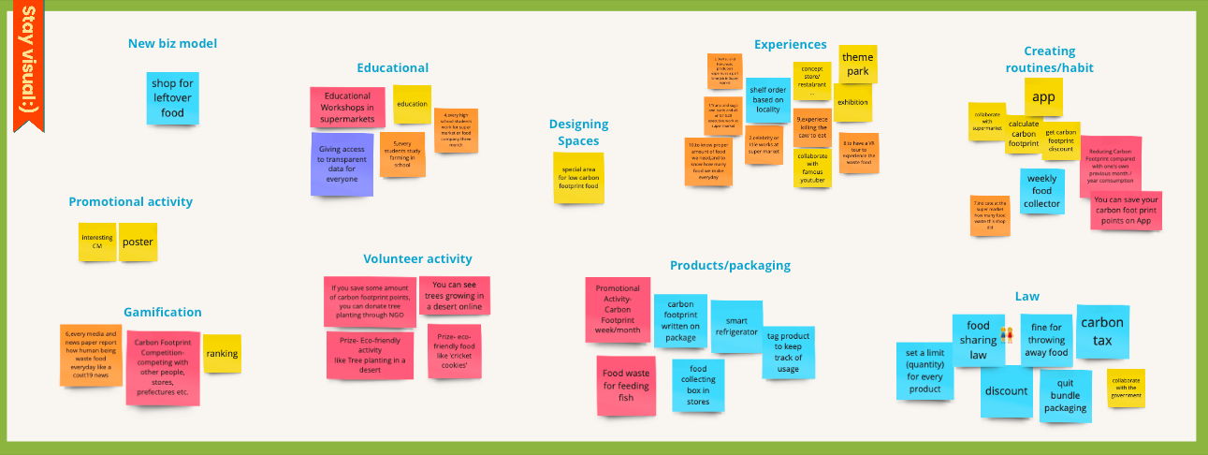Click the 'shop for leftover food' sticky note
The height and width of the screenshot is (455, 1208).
172,98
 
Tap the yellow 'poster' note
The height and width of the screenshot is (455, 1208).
138,242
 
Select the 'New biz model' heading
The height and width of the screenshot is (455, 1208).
172,43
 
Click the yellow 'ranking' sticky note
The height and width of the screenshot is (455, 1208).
222,354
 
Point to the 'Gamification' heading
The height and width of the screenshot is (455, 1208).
163,312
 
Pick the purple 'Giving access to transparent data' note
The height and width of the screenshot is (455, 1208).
342,164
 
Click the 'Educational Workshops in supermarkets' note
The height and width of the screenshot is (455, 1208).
347,108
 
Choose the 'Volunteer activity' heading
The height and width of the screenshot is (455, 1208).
417,258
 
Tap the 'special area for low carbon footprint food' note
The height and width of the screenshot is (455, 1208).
578,178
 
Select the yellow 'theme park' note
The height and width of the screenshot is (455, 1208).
857,64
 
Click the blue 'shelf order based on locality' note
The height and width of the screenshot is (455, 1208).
767,100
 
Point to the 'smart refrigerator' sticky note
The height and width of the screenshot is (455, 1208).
736,326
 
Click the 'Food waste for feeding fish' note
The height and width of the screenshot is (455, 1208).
626,386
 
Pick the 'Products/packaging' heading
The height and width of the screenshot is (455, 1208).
730,265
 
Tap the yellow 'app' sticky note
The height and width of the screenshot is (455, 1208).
1043,96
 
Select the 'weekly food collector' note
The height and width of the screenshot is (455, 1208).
1041,191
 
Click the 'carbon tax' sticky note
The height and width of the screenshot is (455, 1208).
1102,331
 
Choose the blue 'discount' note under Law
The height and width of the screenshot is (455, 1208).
1007,391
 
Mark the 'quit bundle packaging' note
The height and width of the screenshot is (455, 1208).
1065,395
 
